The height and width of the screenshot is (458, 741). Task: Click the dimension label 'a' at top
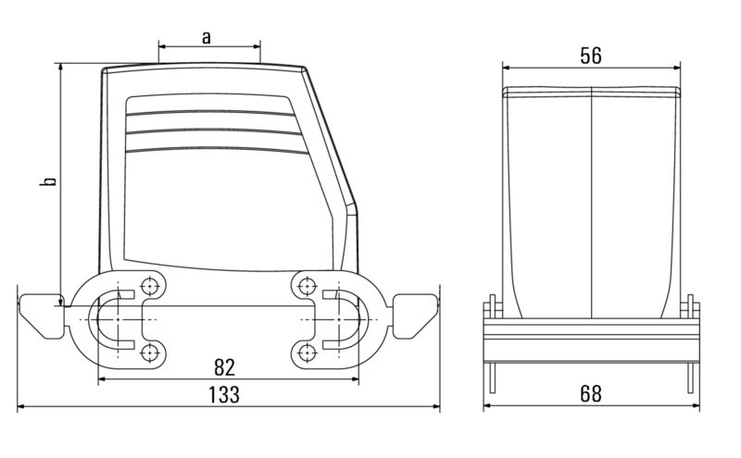[207, 37]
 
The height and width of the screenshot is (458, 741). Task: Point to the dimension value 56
[591, 56]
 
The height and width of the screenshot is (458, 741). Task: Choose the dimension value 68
[590, 393]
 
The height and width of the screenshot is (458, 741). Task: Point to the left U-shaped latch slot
[116, 319]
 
